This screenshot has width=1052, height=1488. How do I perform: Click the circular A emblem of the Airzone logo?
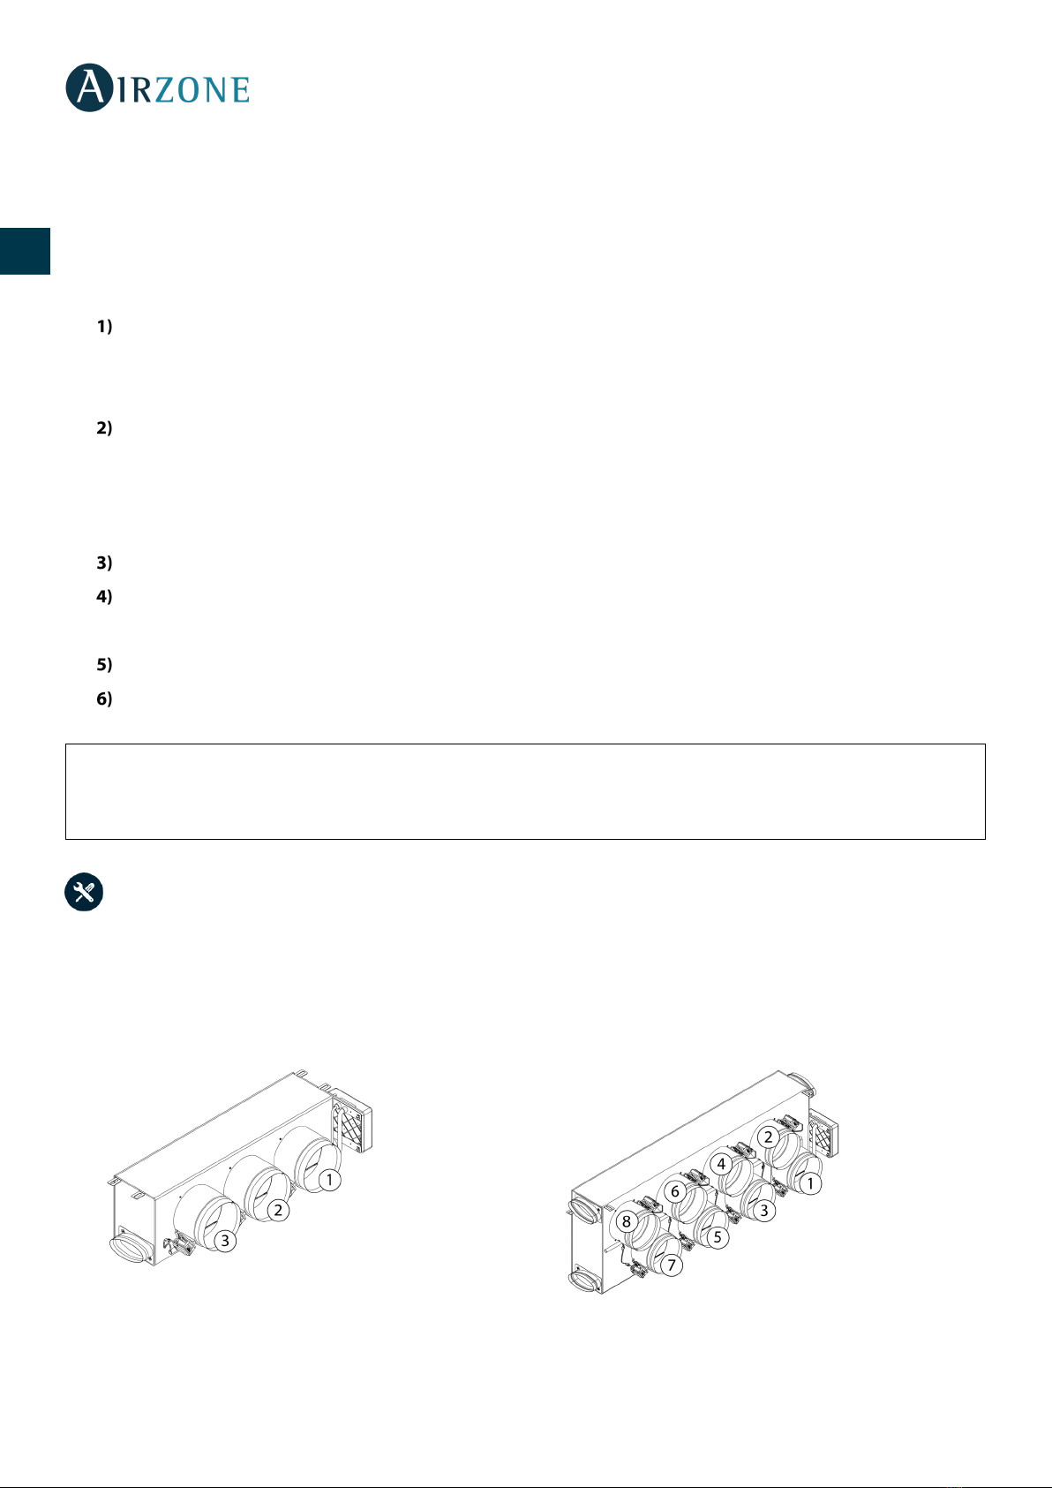(90, 87)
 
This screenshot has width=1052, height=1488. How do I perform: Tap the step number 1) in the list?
(104, 326)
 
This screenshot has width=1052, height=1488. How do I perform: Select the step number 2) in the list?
(104, 427)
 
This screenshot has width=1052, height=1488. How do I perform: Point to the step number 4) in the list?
(104, 597)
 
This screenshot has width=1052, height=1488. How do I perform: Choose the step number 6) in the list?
(104, 699)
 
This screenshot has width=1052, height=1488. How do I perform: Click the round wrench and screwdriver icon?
(84, 891)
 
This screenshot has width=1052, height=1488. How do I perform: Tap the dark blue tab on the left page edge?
(25, 251)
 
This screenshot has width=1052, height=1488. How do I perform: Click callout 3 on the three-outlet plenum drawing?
(225, 1240)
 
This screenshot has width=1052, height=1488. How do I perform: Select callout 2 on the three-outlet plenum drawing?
(278, 1210)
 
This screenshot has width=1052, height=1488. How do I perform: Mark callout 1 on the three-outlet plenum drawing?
(329, 1180)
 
